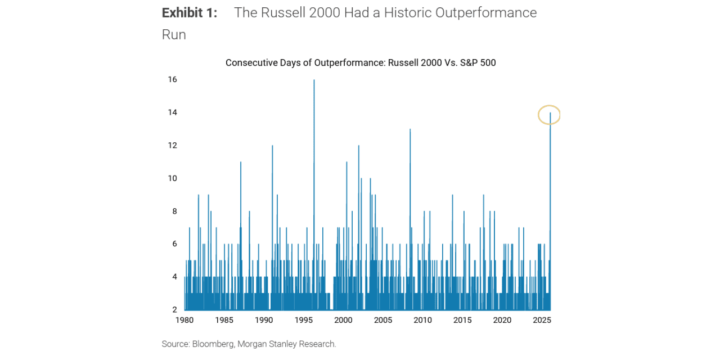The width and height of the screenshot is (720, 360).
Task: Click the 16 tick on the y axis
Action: [172, 79]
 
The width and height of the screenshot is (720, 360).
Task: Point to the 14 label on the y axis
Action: [172, 112]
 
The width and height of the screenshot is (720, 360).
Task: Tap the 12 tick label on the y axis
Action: [172, 145]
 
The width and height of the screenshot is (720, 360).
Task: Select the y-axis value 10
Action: [172, 178]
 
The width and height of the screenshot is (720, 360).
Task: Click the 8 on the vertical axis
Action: [174, 211]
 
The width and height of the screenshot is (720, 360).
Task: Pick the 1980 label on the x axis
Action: [184, 320]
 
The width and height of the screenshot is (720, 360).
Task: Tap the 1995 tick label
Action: [304, 320]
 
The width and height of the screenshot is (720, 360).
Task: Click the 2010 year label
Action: [422, 320]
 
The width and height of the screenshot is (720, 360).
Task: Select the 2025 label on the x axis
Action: [542, 320]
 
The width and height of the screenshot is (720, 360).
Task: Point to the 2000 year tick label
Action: [343, 320]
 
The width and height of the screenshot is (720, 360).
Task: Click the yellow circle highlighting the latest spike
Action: [549, 114]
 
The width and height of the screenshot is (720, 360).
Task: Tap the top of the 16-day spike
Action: [314, 80]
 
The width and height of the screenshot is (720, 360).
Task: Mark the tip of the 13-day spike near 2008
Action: [410, 130]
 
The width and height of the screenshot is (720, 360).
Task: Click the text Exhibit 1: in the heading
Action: [190, 13]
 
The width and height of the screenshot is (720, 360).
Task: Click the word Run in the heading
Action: [174, 35]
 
